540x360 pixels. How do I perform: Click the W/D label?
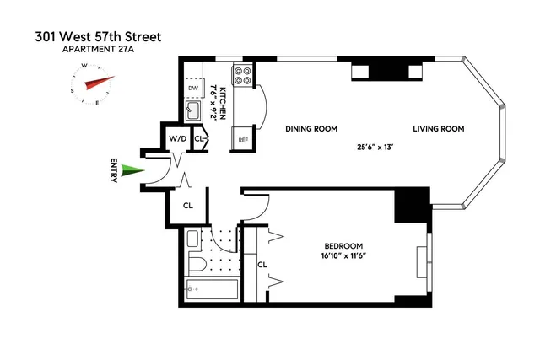click(177, 137)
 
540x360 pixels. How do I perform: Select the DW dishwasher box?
click(192, 87)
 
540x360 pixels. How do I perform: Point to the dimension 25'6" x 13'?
click(376, 146)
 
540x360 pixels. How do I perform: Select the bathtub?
click(211, 292)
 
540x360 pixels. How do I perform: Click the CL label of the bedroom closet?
click(262, 264)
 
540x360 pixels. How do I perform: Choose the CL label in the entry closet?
click(188, 205)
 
